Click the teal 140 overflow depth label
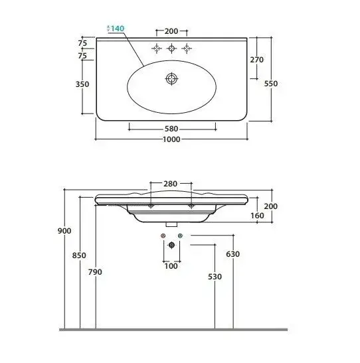click(118, 29)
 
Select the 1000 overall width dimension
click(171, 139)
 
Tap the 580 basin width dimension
click(171, 129)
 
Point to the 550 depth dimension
click(271, 84)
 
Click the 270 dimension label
click(256, 60)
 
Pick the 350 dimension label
click(82, 84)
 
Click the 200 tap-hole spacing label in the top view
click(171, 31)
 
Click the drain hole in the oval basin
click(171, 79)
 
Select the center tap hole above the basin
click(171, 48)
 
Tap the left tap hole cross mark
click(157, 48)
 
